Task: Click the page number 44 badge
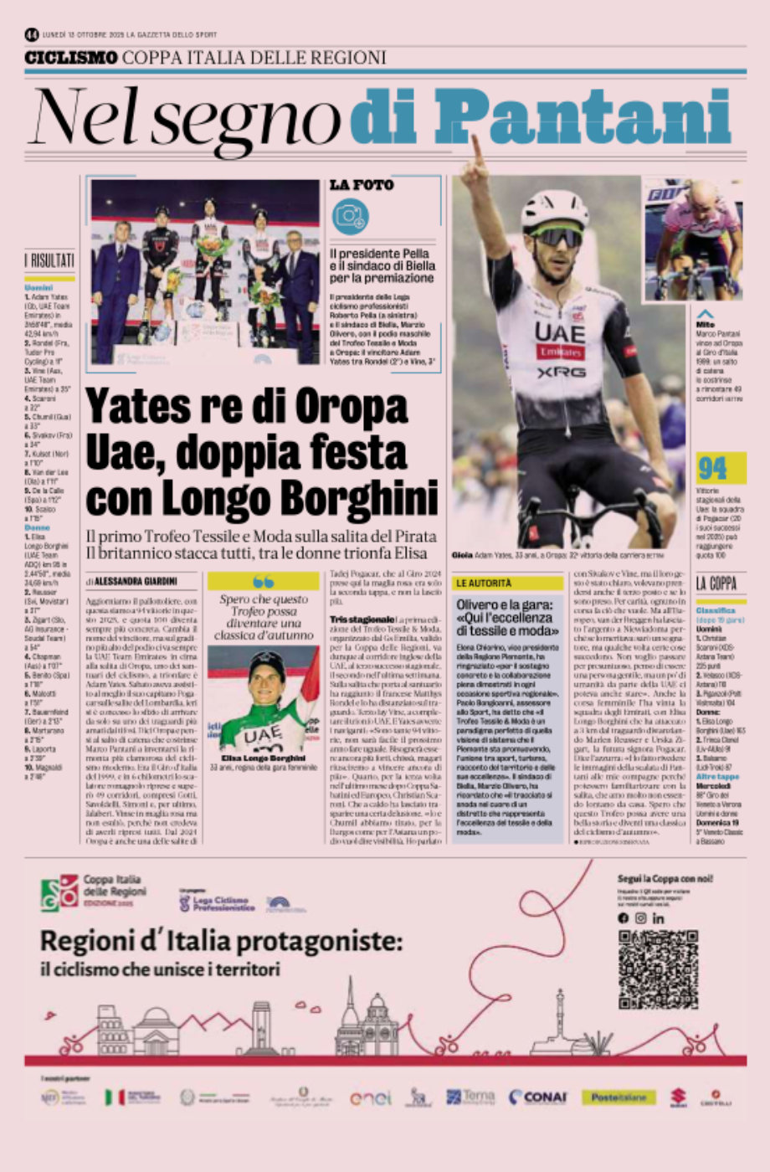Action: [x=32, y=34]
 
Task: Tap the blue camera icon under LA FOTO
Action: [x=349, y=216]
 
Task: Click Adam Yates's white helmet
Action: [x=554, y=210]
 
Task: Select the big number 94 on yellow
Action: [x=712, y=467]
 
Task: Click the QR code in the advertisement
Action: [x=658, y=969]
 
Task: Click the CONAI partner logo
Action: [x=537, y=1097]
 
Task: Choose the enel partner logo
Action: [x=370, y=1097]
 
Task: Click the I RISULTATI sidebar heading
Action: [x=49, y=261]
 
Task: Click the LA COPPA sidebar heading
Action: [x=716, y=583]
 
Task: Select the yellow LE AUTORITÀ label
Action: [x=483, y=582]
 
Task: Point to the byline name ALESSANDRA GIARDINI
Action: [x=132, y=580]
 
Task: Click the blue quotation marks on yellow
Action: [x=263, y=582]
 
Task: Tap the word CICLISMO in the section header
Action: [x=70, y=58]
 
